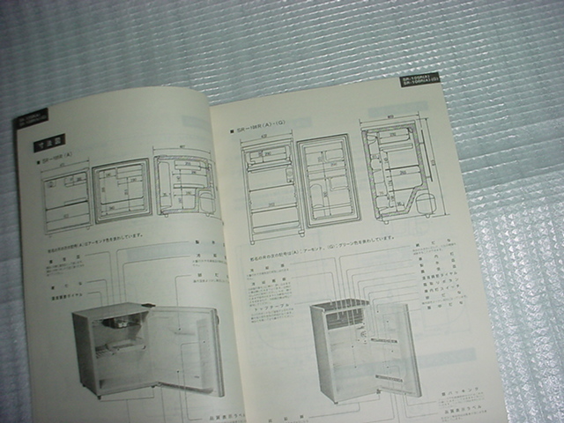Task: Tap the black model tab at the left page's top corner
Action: click(x=30, y=118)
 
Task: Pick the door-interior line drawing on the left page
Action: click(x=122, y=189)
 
